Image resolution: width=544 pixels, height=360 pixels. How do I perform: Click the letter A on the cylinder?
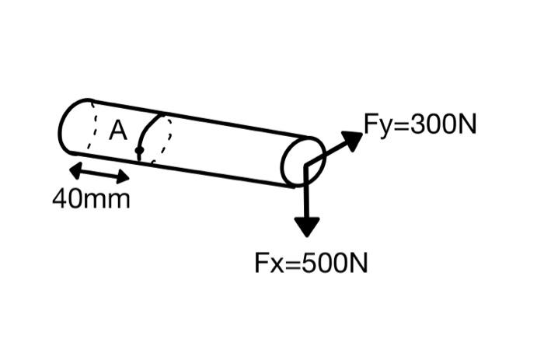(118, 131)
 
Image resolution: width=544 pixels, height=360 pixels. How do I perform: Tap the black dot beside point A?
(138, 149)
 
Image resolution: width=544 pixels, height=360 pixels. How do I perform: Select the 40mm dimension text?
(91, 200)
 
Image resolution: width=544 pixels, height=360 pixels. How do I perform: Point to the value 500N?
(331, 263)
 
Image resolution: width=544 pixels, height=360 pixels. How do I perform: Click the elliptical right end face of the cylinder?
(302, 161)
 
